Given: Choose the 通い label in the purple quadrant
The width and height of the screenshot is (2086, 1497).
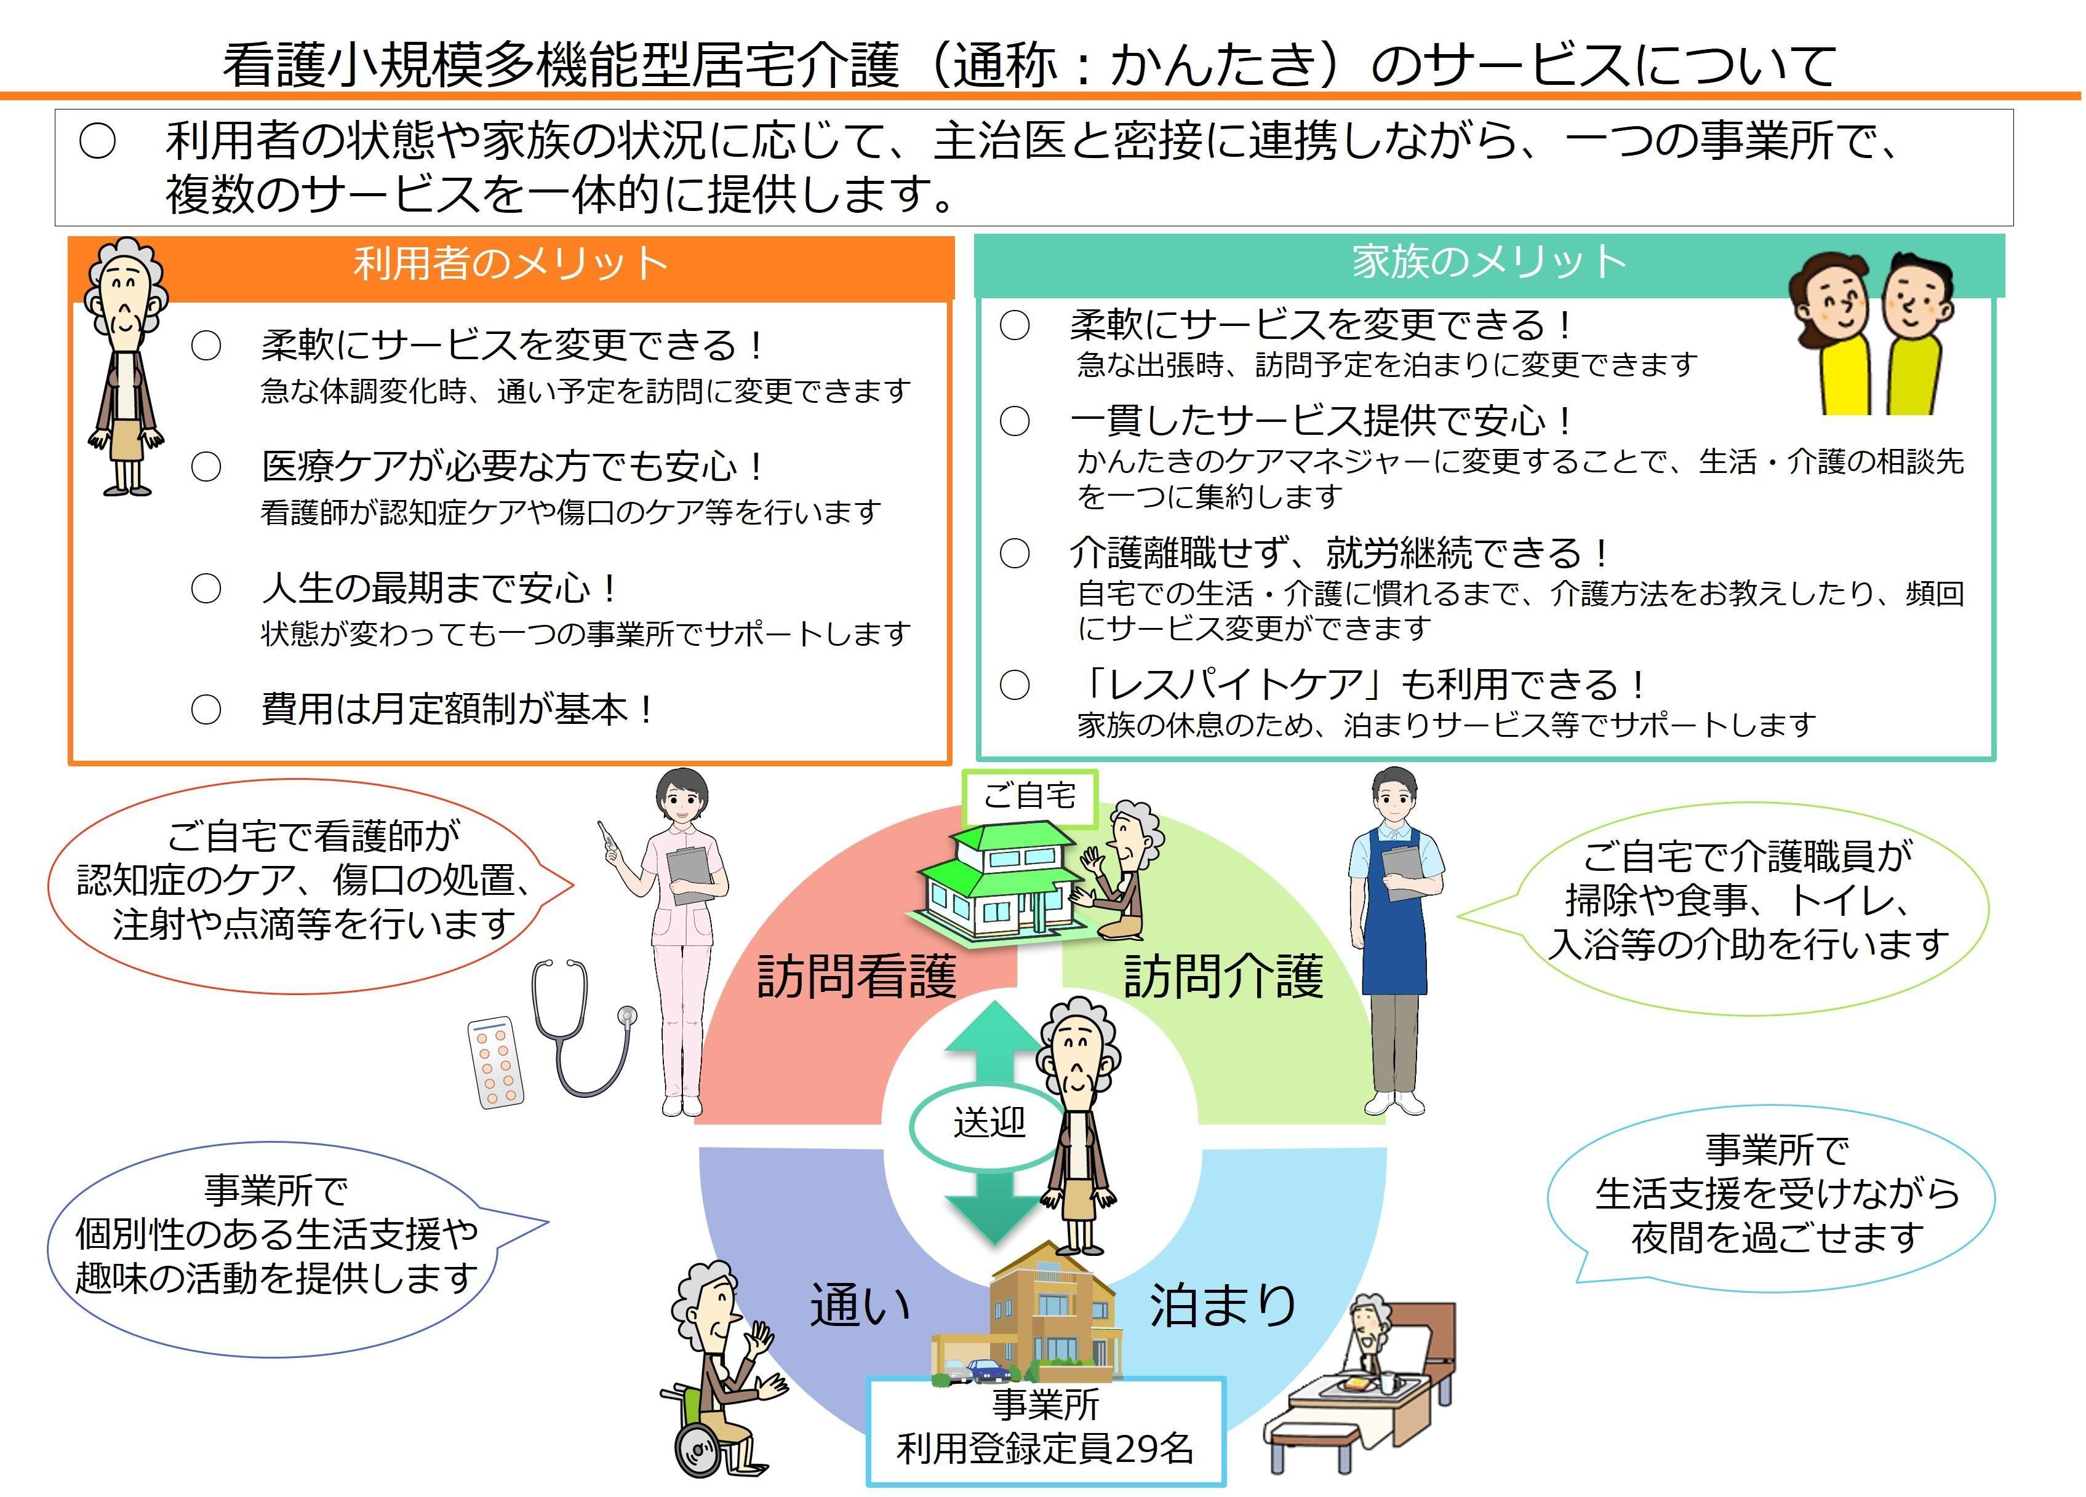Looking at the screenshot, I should click(x=860, y=1306).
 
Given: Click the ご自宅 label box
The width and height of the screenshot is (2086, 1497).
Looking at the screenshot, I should click(x=1029, y=796).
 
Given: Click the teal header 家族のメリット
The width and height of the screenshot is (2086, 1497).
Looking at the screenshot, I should click(x=1488, y=262).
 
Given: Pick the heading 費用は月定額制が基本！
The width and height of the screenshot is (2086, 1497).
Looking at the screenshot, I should click(x=458, y=710).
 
